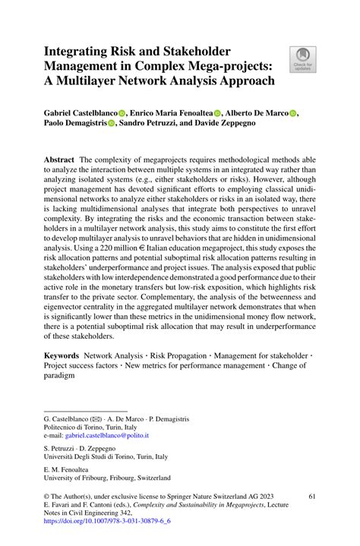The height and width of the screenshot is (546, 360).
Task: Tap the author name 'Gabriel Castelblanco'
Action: pos(86,112)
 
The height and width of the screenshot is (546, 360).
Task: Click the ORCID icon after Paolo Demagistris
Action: pos(111,125)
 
